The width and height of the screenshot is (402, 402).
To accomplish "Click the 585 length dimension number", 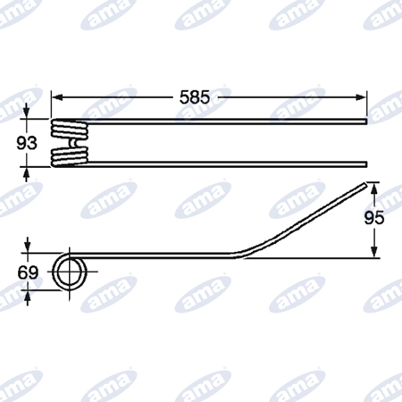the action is [x=195, y=97].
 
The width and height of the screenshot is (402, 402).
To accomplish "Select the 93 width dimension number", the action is [x=27, y=143].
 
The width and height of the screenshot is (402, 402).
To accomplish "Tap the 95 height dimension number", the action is [x=374, y=218].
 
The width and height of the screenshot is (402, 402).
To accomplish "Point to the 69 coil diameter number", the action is [x=28, y=272].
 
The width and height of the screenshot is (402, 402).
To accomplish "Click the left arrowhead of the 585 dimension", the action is [x=57, y=97].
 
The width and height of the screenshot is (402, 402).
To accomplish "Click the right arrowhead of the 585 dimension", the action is [x=361, y=97].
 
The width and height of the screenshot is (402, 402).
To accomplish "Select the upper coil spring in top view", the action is [x=70, y=129].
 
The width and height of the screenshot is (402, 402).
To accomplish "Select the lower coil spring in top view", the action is [x=70, y=157].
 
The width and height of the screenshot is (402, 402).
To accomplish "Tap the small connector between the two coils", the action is [x=72, y=144].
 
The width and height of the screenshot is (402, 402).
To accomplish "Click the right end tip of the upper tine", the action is [x=366, y=121].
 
